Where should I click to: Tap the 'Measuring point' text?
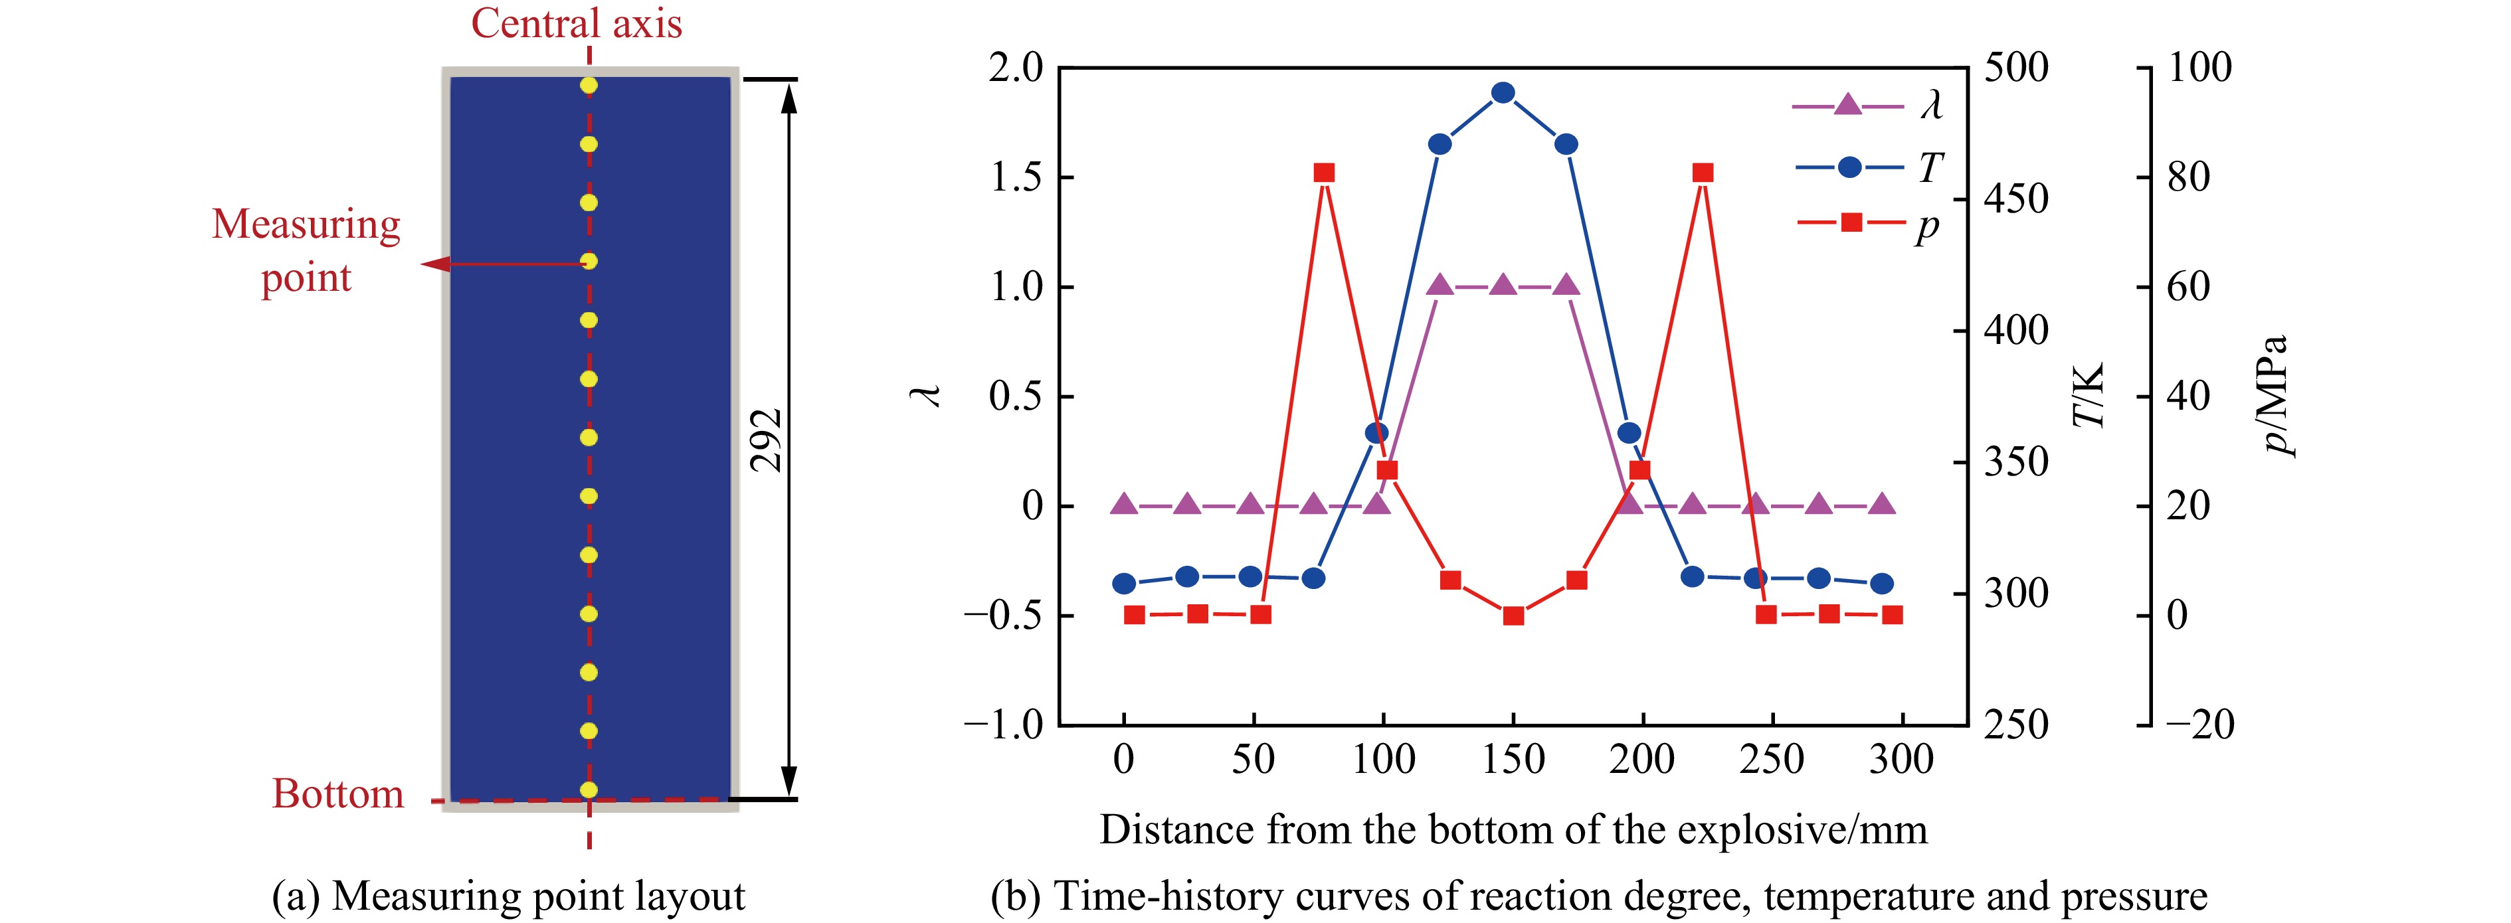(x=306, y=250)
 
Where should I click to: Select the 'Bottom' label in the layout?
(x=337, y=794)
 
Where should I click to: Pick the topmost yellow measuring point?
(x=589, y=86)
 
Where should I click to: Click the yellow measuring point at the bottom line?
(x=589, y=790)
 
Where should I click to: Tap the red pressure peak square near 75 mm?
(x=1324, y=173)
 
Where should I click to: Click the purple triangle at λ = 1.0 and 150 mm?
(x=1503, y=286)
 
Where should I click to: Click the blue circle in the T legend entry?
(x=1849, y=167)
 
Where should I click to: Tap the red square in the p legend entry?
(x=1851, y=223)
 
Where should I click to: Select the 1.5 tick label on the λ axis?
(x=1016, y=177)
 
